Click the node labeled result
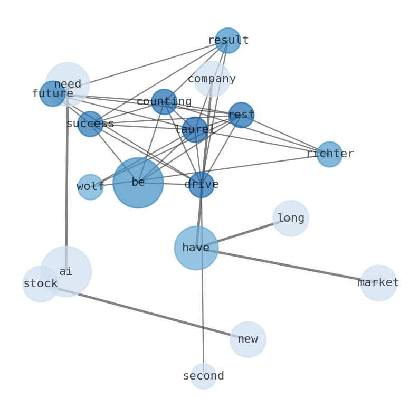[228, 41]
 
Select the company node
[212, 79]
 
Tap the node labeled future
[53, 94]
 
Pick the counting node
[164, 102]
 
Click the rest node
[241, 115]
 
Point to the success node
[90, 124]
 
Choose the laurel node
[195, 130]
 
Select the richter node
[330, 154]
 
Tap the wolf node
[90, 187]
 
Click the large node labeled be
[138, 183]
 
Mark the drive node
[202, 185]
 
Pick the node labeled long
[291, 219]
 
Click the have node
[196, 248]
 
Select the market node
[378, 283]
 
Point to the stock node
[41, 284]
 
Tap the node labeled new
[248, 339]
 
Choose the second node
[204, 376]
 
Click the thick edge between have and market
[288, 266]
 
